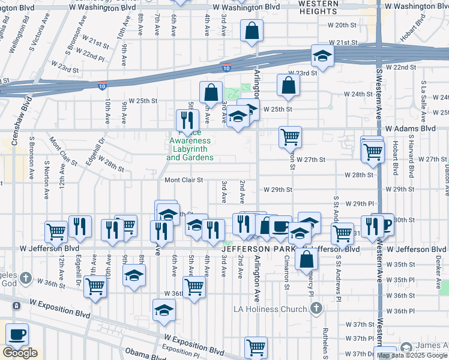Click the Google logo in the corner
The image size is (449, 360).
coord(20,353)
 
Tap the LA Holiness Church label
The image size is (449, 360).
coord(270,309)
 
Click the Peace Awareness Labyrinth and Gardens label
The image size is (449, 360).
coord(190,145)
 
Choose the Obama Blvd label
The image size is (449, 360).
coord(145,353)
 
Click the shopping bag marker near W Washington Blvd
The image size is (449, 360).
coord(252,30)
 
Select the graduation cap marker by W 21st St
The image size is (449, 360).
coord(322,56)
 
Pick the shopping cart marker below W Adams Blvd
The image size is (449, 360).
coord(290,136)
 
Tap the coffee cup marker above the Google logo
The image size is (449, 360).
coord(17,333)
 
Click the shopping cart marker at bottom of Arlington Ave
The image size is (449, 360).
coord(256,346)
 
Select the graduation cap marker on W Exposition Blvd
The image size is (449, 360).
coord(163,310)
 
